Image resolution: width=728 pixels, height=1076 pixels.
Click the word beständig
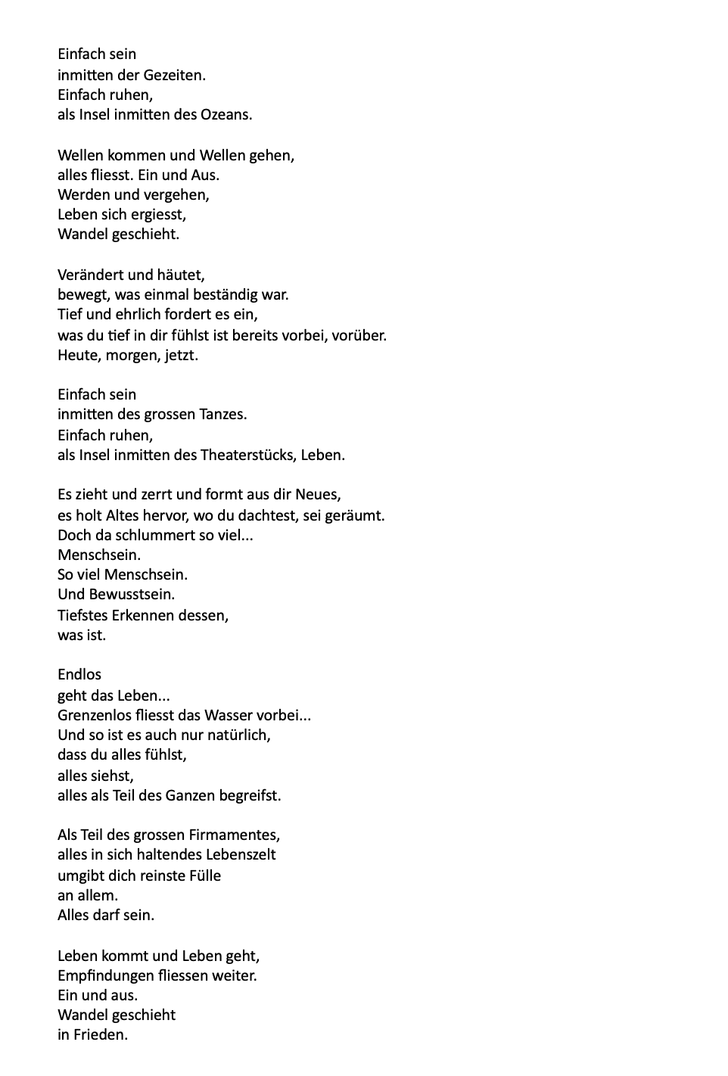point(227,294)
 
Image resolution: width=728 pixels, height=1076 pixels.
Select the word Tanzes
point(223,415)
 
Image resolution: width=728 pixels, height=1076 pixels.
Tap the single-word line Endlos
point(79,674)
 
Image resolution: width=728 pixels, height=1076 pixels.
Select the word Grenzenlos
point(95,715)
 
